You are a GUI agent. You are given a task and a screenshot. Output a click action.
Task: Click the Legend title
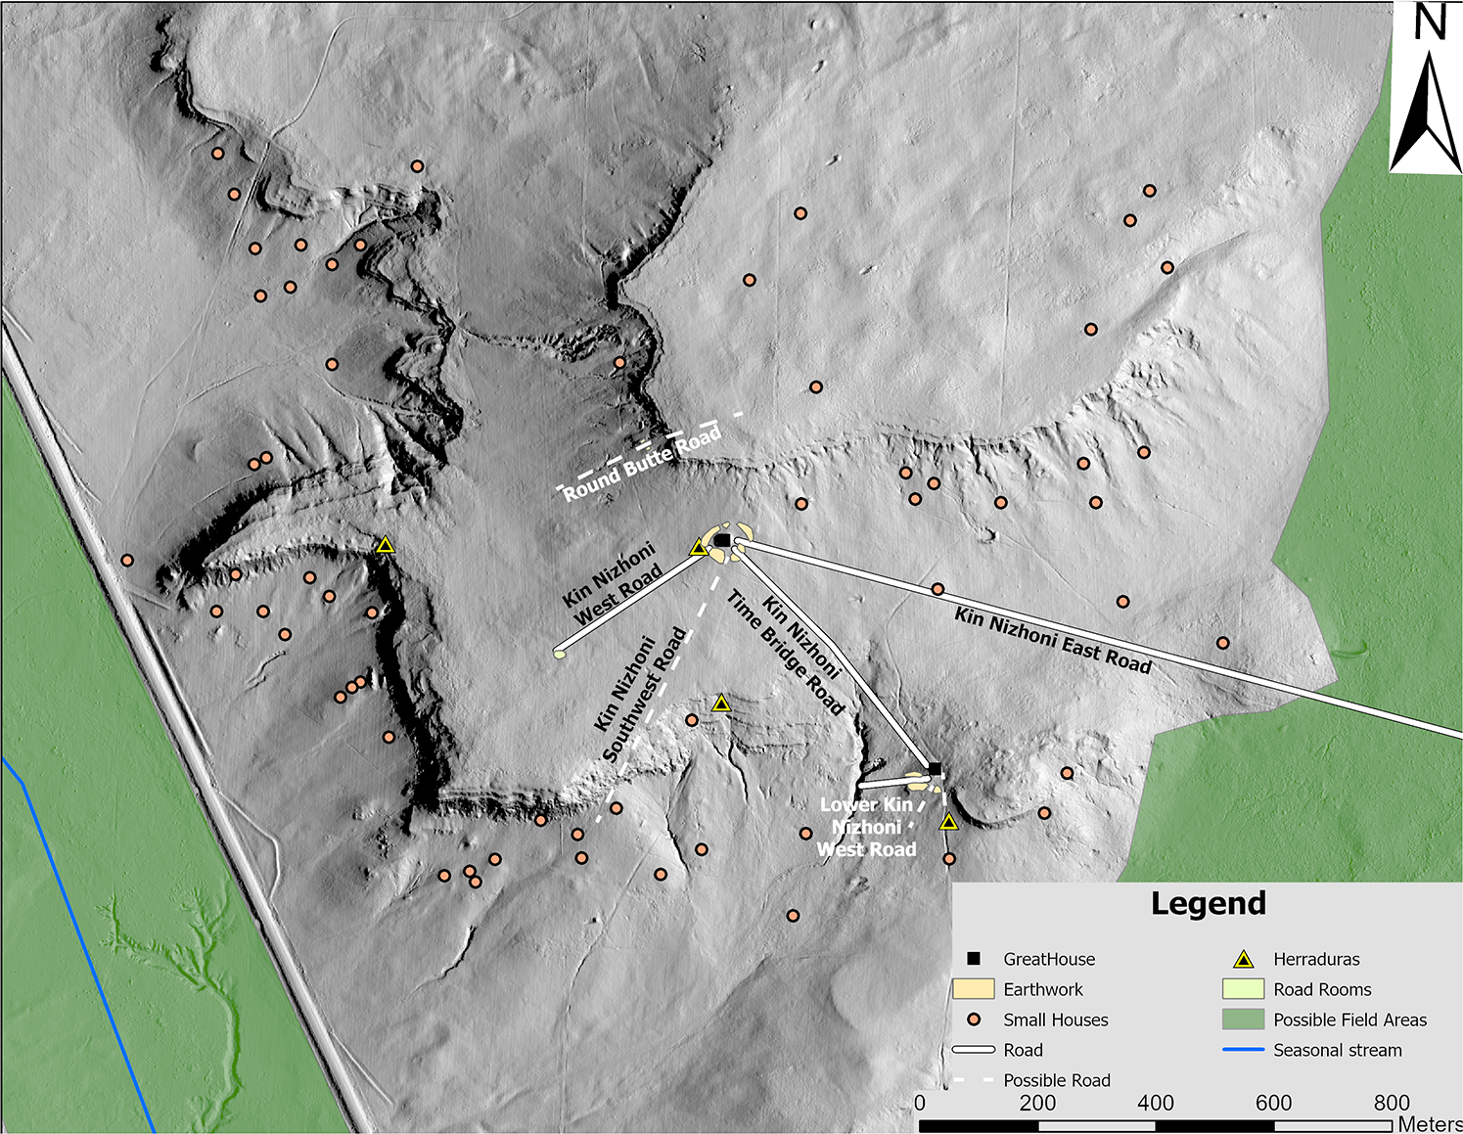coord(1208,903)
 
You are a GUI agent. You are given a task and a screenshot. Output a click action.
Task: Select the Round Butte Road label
coord(642,462)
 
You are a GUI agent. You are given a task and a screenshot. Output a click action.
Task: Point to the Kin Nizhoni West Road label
coord(613,584)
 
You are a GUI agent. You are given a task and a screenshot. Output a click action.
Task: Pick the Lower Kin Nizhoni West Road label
coord(867,827)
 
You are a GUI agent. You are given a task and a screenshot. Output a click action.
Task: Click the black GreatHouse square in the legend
coord(974,959)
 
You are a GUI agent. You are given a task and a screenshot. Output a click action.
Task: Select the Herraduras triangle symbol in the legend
coord(1243,959)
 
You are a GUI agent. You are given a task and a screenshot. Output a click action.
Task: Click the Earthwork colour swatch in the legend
coord(974,989)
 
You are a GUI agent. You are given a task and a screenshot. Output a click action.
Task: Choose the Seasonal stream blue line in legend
coord(1243,1050)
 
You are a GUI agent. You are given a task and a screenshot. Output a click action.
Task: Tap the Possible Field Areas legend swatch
coord(1243,1020)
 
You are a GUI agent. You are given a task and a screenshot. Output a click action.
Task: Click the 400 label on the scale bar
coord(1155,1103)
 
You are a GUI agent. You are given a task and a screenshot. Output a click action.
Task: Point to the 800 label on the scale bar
coord(1391,1103)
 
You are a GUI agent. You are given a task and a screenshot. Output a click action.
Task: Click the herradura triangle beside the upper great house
coord(699,548)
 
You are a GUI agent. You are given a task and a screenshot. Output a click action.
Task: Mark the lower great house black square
coord(935,769)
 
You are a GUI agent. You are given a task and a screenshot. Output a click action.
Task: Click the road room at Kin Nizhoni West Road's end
coord(560,654)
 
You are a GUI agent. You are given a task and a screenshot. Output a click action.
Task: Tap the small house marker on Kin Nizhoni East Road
coord(937,589)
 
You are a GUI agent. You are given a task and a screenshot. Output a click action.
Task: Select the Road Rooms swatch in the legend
coord(1243,989)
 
